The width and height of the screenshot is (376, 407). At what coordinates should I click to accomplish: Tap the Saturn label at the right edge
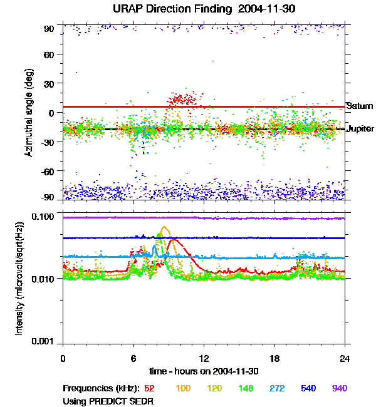point(360,106)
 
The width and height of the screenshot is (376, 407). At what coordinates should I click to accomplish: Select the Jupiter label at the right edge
point(360,129)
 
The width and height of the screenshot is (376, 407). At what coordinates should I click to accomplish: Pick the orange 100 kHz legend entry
point(184,388)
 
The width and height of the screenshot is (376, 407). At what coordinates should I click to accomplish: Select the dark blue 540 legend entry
point(308,388)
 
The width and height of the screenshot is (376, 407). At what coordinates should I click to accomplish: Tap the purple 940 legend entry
point(339,388)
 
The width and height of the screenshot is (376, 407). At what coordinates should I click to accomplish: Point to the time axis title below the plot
point(204,372)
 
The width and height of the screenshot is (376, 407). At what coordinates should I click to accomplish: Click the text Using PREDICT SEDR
point(108,401)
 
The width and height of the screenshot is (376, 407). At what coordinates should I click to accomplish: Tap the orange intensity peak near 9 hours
point(165,228)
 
